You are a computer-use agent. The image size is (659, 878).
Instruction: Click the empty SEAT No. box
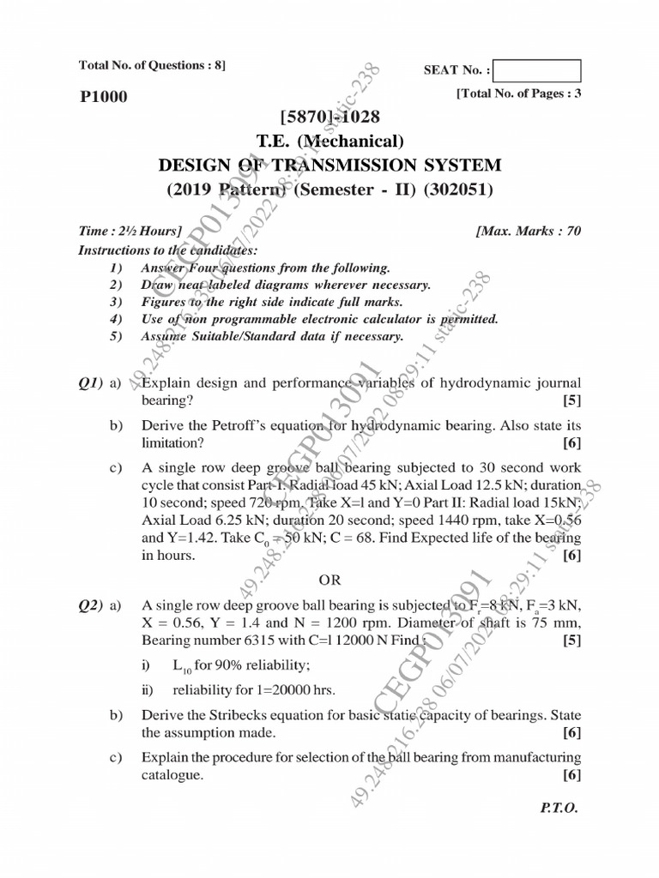(538, 70)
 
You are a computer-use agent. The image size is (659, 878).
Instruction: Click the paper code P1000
(103, 96)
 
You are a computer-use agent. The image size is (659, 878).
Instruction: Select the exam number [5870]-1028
(329, 115)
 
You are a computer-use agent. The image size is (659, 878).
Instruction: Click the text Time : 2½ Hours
(130, 232)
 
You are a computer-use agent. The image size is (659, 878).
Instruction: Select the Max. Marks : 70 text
(528, 232)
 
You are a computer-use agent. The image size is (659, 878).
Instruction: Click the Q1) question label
(91, 383)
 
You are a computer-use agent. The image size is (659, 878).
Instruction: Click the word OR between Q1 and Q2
(329, 580)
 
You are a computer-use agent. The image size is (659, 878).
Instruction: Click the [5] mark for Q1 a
(571, 400)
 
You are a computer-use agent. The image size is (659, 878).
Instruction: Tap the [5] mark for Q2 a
(571, 639)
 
